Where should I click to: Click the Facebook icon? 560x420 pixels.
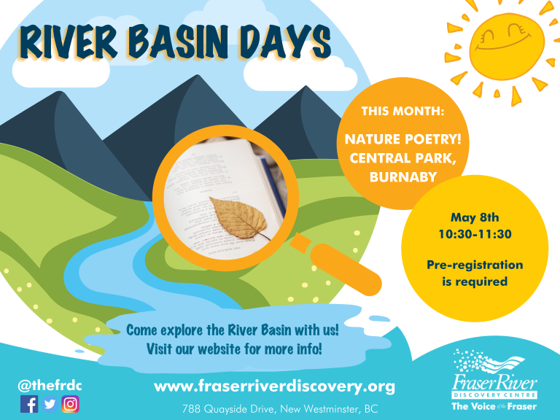29,404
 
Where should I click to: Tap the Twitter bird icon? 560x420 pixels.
50,404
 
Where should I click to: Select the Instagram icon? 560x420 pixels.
70,404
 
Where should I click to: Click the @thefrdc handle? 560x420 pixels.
50,386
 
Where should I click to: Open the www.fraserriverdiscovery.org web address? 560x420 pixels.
274,386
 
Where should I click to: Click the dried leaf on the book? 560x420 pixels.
239,218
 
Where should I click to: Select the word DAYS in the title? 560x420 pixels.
285,42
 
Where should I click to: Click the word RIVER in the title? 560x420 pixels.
69,42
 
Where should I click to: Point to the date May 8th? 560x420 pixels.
475,217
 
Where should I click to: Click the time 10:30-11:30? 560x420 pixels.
475,234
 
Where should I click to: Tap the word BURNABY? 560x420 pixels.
403,177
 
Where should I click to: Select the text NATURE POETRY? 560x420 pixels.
402,139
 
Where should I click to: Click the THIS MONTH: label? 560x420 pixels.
402,111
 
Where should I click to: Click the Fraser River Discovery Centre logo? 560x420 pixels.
494,380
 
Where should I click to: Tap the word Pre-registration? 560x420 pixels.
475,265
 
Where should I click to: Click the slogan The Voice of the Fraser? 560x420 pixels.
494,406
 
